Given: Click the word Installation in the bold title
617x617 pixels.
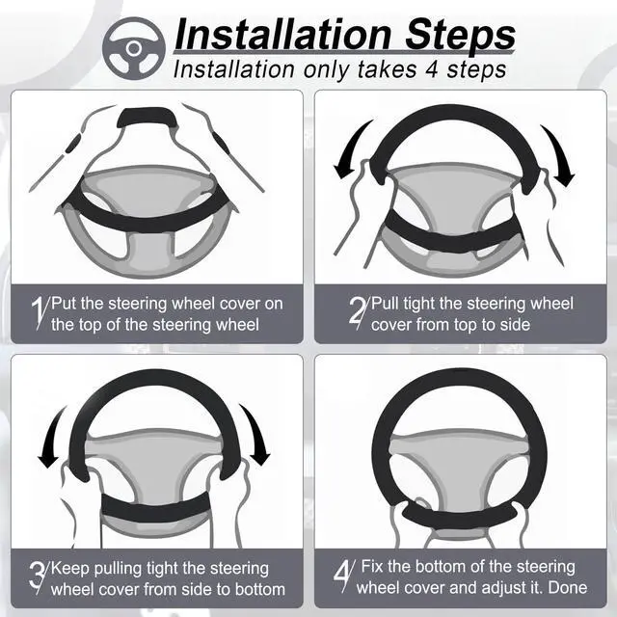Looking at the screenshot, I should [280, 36].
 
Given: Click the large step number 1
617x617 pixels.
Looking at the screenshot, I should [40, 314].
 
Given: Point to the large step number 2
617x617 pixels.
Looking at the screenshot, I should [357, 314].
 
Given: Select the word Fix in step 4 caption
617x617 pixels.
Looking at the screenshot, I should [371, 566].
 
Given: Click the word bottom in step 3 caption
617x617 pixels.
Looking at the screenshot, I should [258, 588].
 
